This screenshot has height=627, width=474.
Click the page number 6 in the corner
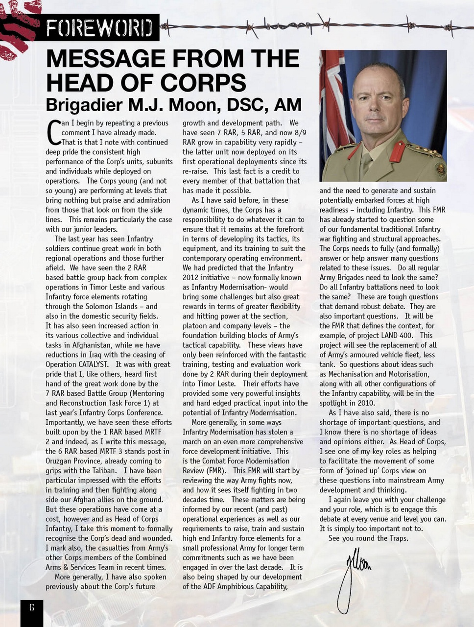point(31,608)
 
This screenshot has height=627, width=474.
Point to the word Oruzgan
point(61,461)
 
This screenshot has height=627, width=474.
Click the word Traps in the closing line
point(396,538)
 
